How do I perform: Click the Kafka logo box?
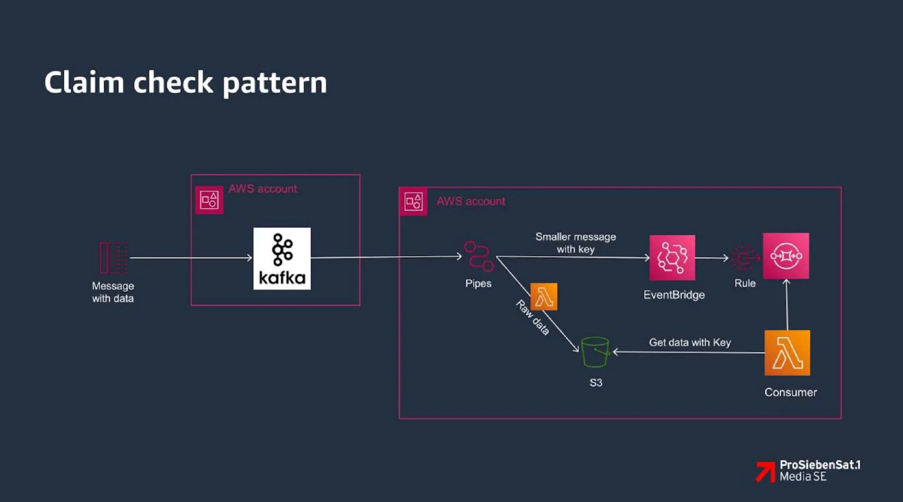tap(282, 258)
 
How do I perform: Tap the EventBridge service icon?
tap(672, 258)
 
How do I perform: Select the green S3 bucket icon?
tap(595, 352)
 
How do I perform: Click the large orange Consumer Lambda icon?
tap(787, 353)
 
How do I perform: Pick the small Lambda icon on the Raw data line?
tap(544, 297)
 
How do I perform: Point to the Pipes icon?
tap(479, 256)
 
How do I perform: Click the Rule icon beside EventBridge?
tap(744, 258)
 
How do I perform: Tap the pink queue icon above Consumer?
tap(786, 256)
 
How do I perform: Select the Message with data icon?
tap(113, 258)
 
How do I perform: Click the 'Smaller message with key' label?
tap(576, 243)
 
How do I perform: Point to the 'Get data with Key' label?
tap(689, 342)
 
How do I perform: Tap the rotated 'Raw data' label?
tap(533, 318)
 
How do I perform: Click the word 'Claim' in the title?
tap(84, 83)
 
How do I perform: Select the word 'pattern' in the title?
tap(275, 84)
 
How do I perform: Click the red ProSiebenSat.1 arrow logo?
tap(765, 471)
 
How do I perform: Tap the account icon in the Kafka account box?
tap(209, 200)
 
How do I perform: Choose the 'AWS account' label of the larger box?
tap(471, 201)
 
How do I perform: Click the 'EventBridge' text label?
tap(674, 295)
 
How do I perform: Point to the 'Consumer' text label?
tap(790, 392)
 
